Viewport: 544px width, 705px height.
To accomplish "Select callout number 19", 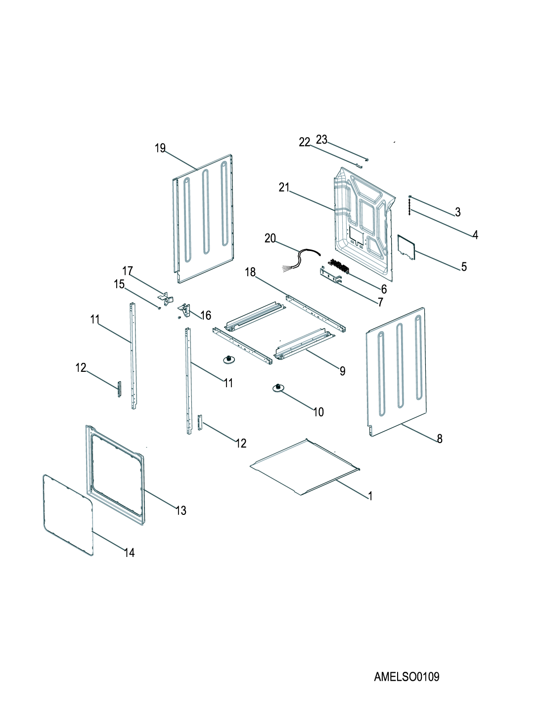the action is pos(160,148).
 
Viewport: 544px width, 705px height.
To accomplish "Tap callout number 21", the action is pos(284,187).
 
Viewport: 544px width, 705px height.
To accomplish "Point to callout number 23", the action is pos(322,140).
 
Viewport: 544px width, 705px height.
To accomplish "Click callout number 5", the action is pos(464,267).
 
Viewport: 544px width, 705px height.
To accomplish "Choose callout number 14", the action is pos(130,553).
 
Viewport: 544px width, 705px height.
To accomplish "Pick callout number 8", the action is pos(440,439).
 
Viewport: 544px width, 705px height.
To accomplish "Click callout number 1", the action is pos(370,496).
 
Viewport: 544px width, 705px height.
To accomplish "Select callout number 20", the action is pos(270,238).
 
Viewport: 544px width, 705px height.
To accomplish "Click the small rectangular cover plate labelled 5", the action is pos(407,247).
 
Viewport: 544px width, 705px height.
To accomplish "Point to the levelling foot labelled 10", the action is pos(278,388).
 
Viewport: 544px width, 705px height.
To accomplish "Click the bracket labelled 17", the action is pos(166,299).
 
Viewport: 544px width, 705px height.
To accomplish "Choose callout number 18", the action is pos(250,272).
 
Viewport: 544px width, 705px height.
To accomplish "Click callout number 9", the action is pos(342,371).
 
